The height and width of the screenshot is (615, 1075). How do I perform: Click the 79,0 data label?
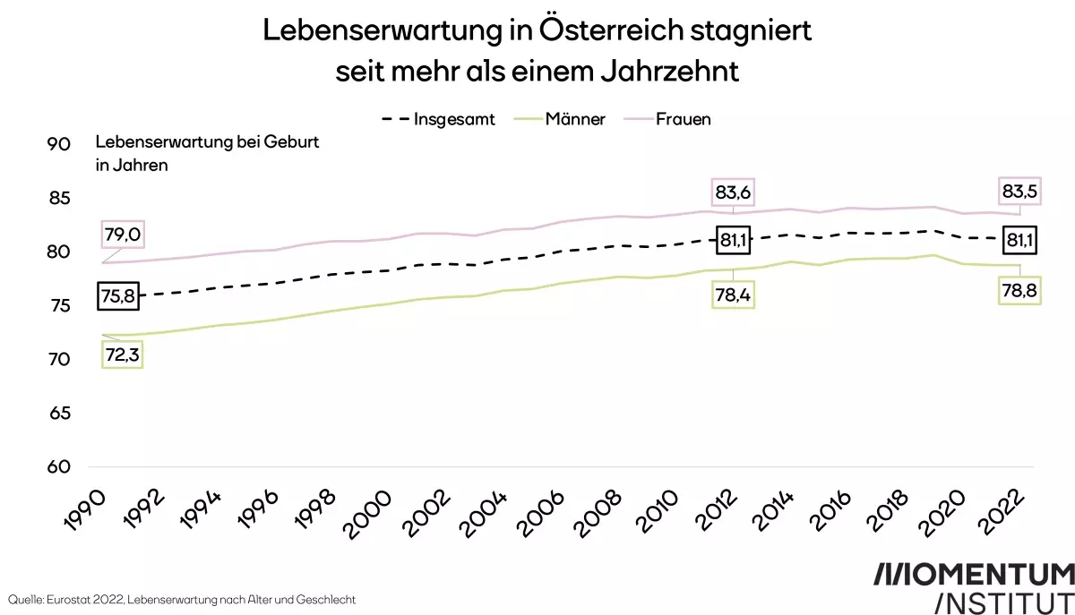[x=123, y=235]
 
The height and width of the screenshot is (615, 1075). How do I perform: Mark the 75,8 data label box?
[x=119, y=295]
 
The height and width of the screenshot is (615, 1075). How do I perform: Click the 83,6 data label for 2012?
[x=732, y=192]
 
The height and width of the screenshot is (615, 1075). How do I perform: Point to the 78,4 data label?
[x=732, y=295]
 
